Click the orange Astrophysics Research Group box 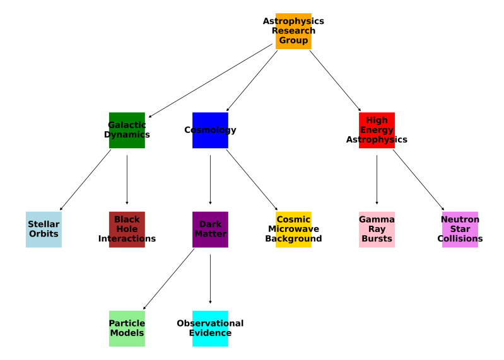point(293,31)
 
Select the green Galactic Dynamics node point(127,130)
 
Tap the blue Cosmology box point(210,130)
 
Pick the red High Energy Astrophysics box point(377,130)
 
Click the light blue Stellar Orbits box point(44,229)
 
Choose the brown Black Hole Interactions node point(127,229)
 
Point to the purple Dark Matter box point(210,229)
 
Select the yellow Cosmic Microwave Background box point(293,229)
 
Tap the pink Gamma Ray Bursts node point(377,229)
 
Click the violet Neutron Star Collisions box point(460,229)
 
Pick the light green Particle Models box point(127,328)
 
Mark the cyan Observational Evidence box point(210,328)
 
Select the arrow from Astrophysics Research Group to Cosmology point(252,81)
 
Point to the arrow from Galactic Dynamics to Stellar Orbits point(85,180)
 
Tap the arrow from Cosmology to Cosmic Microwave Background point(252,180)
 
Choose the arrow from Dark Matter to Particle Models point(169,278)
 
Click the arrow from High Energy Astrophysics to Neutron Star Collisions point(418,180)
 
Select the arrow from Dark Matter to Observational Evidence point(210,278)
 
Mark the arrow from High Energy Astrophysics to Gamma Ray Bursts point(377,180)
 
